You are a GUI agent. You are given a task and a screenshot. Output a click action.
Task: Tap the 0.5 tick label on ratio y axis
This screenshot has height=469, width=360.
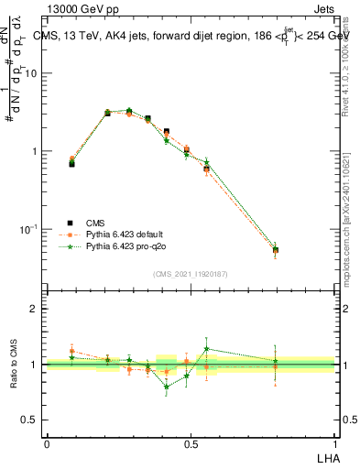point(28,420)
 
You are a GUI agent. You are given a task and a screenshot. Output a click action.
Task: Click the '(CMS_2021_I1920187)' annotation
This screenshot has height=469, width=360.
point(191,274)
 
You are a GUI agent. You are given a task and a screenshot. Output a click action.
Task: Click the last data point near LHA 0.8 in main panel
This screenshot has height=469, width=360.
point(276,249)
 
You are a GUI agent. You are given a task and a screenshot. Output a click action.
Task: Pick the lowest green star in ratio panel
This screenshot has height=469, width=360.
point(166,387)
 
